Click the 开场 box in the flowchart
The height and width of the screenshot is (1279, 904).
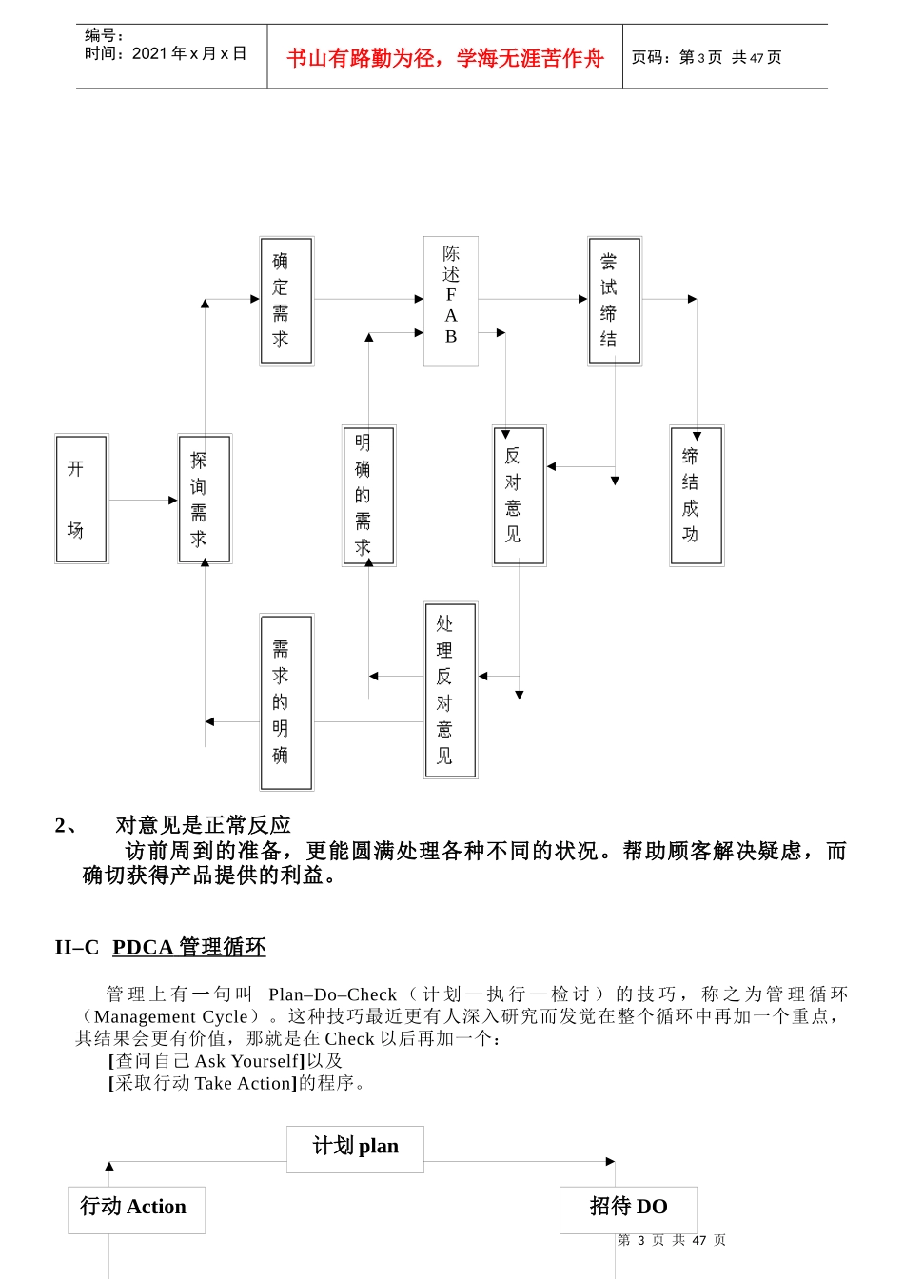[81, 499]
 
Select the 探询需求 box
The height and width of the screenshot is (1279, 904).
[205, 499]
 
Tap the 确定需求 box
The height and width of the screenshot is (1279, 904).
[286, 301]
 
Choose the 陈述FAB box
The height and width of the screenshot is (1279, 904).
[451, 301]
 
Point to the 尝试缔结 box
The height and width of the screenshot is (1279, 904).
[615, 301]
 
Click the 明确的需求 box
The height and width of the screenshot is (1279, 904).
[368, 495]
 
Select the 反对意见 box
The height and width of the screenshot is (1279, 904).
[519, 495]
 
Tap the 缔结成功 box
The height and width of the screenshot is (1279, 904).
[697, 495]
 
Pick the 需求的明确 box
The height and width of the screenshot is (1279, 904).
[286, 702]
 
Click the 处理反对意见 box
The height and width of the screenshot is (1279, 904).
[450, 690]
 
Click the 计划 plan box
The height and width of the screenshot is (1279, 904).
[355, 1148]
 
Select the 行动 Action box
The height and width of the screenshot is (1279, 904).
[136, 1209]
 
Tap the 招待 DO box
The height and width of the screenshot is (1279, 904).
[628, 1209]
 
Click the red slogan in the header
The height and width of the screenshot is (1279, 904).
[445, 58]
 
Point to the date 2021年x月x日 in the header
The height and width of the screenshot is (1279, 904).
[189, 54]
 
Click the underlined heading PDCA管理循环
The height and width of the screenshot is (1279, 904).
[188, 947]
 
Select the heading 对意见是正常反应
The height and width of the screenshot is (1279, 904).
[203, 825]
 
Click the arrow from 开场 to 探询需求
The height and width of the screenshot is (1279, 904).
[143, 500]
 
